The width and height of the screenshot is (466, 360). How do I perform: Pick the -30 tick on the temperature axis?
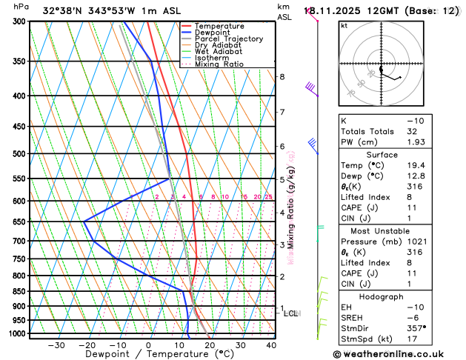(56, 345)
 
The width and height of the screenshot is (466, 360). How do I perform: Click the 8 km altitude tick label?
(282, 77)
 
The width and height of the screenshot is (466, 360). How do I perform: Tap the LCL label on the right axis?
(291, 313)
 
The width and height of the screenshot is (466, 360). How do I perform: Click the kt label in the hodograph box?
(344, 25)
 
